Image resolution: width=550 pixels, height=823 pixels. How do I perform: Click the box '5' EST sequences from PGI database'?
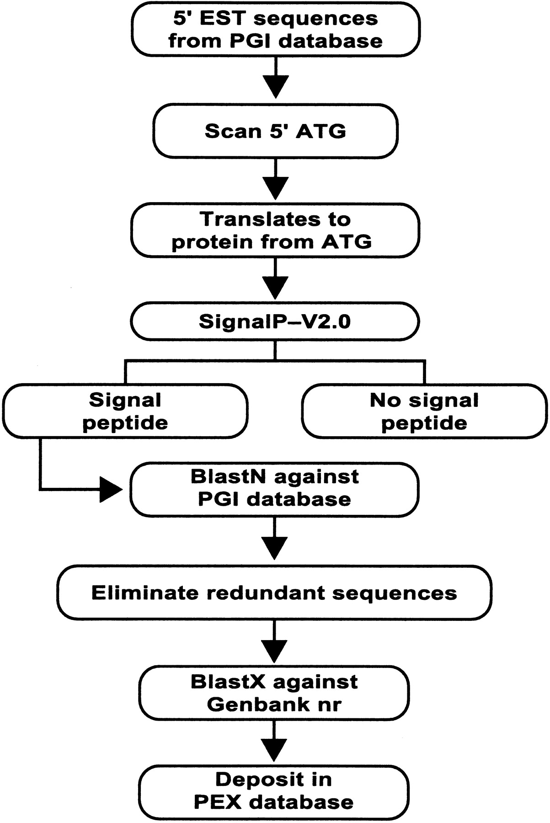click(275, 29)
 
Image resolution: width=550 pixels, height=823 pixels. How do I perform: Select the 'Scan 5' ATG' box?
click(275, 131)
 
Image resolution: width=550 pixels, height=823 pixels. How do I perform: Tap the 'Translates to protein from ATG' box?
click(275, 230)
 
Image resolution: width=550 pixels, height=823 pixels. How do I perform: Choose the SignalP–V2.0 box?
click(275, 321)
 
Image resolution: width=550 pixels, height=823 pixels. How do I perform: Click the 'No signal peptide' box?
click(424, 411)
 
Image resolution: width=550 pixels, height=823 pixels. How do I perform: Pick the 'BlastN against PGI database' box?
click(275, 488)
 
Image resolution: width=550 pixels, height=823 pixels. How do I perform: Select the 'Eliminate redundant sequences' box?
click(274, 593)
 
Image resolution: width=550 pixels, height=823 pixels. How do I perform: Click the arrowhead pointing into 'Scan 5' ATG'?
click(275, 87)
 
